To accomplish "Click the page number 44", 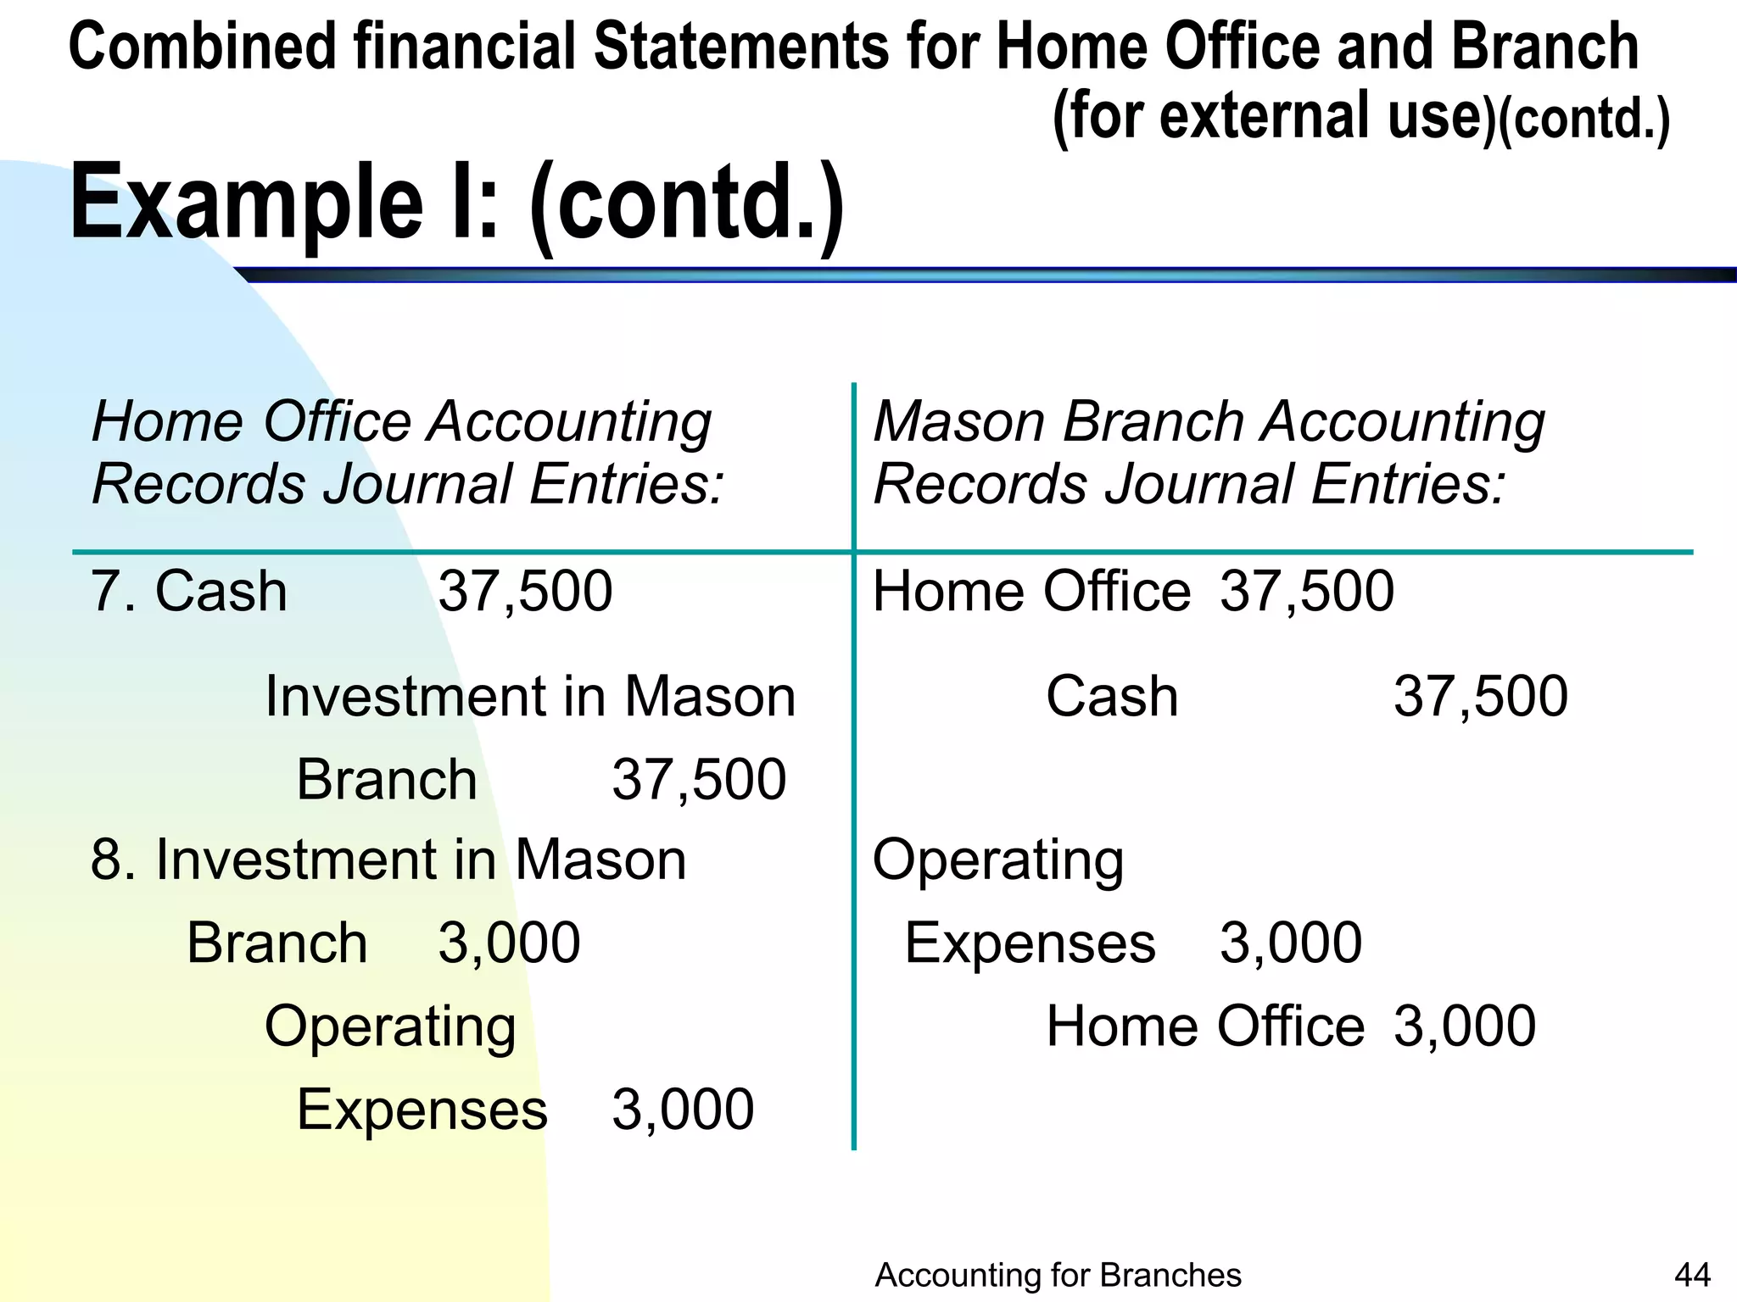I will coord(1693,1274).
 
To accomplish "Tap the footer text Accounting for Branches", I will coord(1058,1274).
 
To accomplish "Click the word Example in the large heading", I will coord(246,203).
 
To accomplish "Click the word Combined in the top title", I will coord(202,47).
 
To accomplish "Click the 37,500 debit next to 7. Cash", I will coord(525,591).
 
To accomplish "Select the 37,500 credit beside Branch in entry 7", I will coord(699,780).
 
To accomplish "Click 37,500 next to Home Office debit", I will coord(1307,591).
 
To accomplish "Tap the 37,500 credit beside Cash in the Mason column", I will coord(1481,697).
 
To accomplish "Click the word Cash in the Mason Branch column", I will coord(1112,697).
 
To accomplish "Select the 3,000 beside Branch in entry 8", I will coord(509,943).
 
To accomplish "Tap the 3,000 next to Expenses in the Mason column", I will coord(1291,943).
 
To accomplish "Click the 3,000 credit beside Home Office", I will coord(1465,1026).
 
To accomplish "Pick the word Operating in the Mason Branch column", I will coord(998,860).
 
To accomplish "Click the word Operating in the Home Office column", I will coord(390,1027).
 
